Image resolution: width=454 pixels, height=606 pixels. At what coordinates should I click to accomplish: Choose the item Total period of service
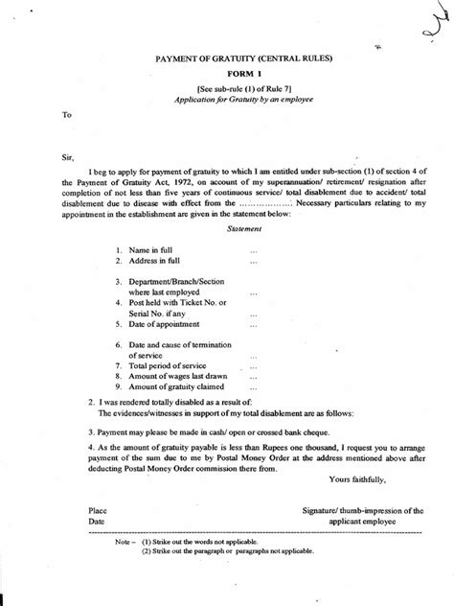[168, 365]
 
